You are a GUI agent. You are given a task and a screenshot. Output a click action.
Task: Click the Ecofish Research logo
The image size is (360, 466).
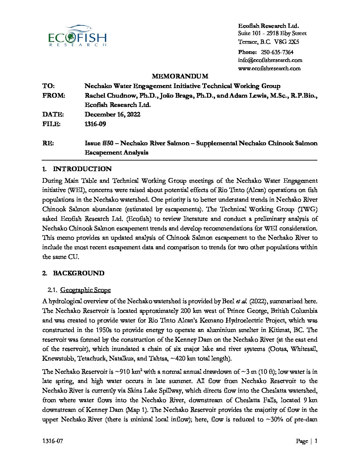click(77, 36)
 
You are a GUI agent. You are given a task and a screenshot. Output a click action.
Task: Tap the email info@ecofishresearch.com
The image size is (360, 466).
click(270, 60)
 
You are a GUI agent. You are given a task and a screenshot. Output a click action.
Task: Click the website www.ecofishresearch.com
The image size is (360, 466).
click(269, 69)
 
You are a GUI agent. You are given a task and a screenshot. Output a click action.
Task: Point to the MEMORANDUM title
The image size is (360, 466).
click(180, 76)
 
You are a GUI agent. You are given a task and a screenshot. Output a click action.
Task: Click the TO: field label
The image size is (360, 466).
click(48, 86)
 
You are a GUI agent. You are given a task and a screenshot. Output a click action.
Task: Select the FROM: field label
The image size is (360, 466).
click(54, 96)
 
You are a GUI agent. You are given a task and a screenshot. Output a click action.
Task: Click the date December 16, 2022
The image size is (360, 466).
click(112, 115)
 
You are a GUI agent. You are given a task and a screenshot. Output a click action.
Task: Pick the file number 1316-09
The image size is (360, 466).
click(95, 124)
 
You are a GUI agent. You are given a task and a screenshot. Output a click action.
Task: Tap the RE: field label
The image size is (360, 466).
click(48, 143)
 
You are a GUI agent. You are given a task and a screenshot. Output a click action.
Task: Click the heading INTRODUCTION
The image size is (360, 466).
click(82, 169)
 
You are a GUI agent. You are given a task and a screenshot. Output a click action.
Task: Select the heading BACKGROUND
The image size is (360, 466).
click(78, 273)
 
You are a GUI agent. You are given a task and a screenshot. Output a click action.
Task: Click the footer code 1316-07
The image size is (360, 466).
click(53, 441)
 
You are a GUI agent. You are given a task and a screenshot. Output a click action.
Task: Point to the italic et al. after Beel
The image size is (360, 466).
click(241, 302)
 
